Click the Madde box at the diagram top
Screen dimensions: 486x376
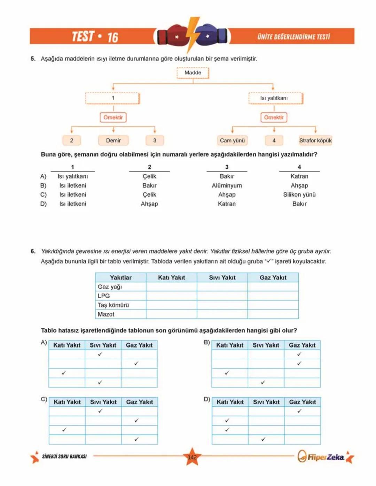193,73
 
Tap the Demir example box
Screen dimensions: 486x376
113,141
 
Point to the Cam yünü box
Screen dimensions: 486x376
232,141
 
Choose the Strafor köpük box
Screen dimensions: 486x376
315,141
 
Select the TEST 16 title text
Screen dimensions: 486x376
95,37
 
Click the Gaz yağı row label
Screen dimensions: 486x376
110,287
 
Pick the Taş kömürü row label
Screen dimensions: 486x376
113,305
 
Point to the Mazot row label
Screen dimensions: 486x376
106,314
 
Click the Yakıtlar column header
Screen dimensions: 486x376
120,278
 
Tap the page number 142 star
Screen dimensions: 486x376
192,457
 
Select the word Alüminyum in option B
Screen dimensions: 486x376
227,186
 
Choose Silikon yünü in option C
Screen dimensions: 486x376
299,195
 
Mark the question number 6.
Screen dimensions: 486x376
33,251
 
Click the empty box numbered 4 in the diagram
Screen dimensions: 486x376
274,141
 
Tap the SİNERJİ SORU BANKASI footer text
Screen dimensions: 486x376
64,456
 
